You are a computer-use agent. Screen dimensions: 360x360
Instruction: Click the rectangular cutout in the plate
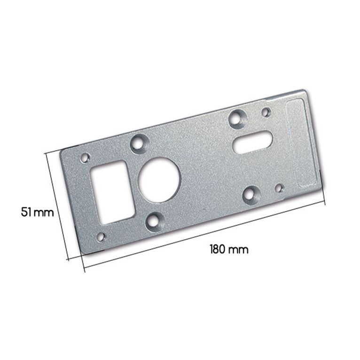112,192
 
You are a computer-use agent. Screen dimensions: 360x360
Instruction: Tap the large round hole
160,180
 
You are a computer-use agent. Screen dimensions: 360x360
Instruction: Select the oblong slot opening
252,141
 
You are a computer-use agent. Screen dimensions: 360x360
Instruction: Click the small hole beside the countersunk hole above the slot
266,112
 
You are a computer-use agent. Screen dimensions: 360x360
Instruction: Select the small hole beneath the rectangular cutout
101,237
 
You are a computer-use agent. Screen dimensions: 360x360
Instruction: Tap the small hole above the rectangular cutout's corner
86,158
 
